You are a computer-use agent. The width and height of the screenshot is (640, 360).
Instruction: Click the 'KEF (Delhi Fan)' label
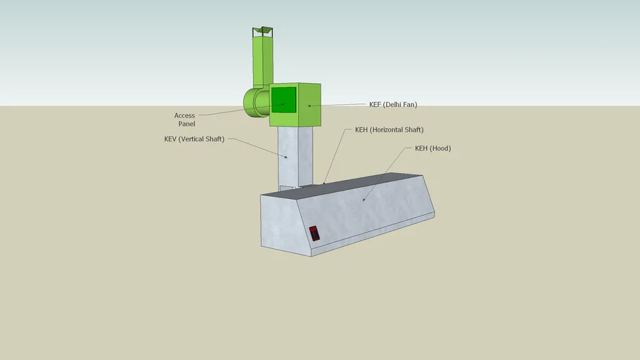pos(392,105)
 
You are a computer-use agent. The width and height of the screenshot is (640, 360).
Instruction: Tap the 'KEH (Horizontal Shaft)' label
pos(389,130)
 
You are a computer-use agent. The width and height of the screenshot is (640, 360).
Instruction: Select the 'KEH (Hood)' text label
pos(433,148)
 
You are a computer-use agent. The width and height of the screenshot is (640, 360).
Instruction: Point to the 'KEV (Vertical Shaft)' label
pos(194,139)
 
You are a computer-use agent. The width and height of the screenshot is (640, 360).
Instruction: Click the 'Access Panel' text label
pos(185,120)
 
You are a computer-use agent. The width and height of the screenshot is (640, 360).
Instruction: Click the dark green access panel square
pos(283,99)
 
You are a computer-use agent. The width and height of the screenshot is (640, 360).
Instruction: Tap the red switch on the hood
pos(314,233)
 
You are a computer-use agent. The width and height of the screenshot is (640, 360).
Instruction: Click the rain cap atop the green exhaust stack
pos(263,30)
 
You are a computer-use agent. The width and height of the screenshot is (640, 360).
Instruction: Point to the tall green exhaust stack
pos(262,60)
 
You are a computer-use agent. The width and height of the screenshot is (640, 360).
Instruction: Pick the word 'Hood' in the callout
pos(440,148)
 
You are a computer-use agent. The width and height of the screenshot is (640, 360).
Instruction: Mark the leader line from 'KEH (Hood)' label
pos(387,172)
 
